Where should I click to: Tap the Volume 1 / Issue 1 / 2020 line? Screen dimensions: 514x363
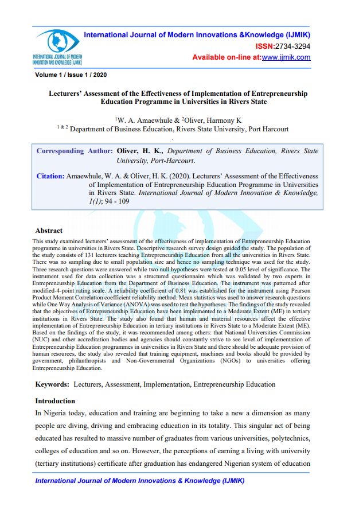pyautogui.click(x=71, y=75)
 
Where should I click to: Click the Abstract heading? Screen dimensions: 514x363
pyautogui.click(x=49, y=231)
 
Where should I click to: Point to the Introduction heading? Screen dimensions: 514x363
pyautogui.click(x=55, y=401)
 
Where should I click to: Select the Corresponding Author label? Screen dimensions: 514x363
pyautogui.click(x=74, y=151)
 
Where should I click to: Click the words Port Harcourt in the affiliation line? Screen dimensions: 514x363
pyautogui.click(x=270, y=130)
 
